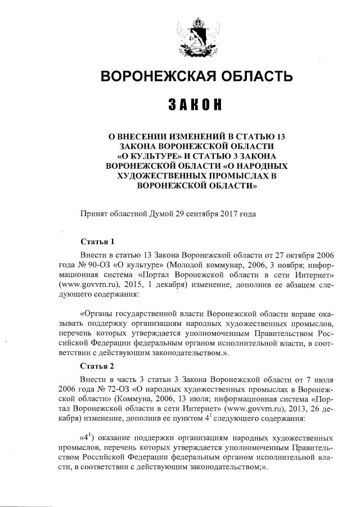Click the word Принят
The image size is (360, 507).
(95, 214)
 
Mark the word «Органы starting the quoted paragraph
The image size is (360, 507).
(98, 312)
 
